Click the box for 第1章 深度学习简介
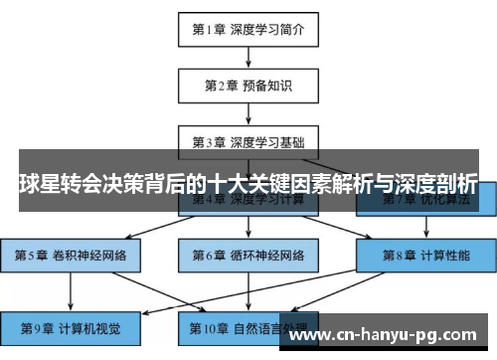(248, 30)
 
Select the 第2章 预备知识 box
(248, 86)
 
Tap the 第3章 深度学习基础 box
(248, 140)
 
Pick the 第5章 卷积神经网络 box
(69, 255)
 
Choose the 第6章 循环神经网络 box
(248, 255)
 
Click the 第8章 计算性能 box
(426, 255)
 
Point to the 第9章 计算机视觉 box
(69, 325)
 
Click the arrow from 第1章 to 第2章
(248, 58)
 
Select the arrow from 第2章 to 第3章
(248, 112)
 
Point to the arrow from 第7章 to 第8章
(426, 227)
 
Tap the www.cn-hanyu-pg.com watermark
(388, 335)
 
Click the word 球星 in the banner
(41, 184)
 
